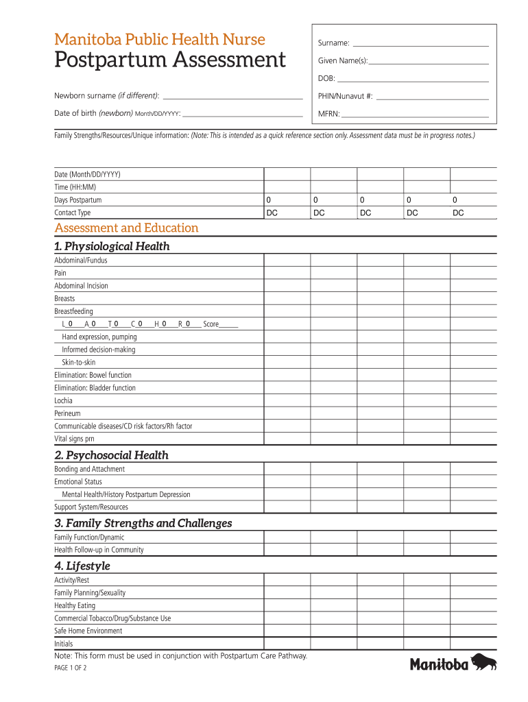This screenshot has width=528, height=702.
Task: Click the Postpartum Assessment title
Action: tap(170, 60)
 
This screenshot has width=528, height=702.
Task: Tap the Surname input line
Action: tap(420, 43)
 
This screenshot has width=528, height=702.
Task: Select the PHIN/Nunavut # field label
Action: tap(346, 97)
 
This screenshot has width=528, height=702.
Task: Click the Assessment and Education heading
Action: tap(126, 228)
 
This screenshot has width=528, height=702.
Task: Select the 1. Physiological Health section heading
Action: tap(112, 246)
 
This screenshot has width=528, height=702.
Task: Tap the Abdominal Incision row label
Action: tap(81, 286)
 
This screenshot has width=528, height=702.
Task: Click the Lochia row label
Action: tap(63, 400)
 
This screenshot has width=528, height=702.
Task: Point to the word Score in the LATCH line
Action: tap(211, 324)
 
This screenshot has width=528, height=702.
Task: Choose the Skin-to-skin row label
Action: tap(79, 362)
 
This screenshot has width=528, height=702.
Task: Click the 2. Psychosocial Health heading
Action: tap(111, 455)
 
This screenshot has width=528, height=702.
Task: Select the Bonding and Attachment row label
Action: tap(89, 469)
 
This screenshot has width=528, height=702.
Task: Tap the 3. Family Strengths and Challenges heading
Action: tap(143, 523)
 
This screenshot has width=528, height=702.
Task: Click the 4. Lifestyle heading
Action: tap(82, 566)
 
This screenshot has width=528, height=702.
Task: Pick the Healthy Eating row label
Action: tap(75, 605)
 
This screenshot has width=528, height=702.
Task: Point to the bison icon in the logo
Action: tap(484, 662)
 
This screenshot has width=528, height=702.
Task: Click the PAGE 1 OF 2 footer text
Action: tap(70, 670)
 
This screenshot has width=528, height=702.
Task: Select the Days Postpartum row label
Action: tap(78, 200)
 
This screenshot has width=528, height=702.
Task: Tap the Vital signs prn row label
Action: tap(74, 439)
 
